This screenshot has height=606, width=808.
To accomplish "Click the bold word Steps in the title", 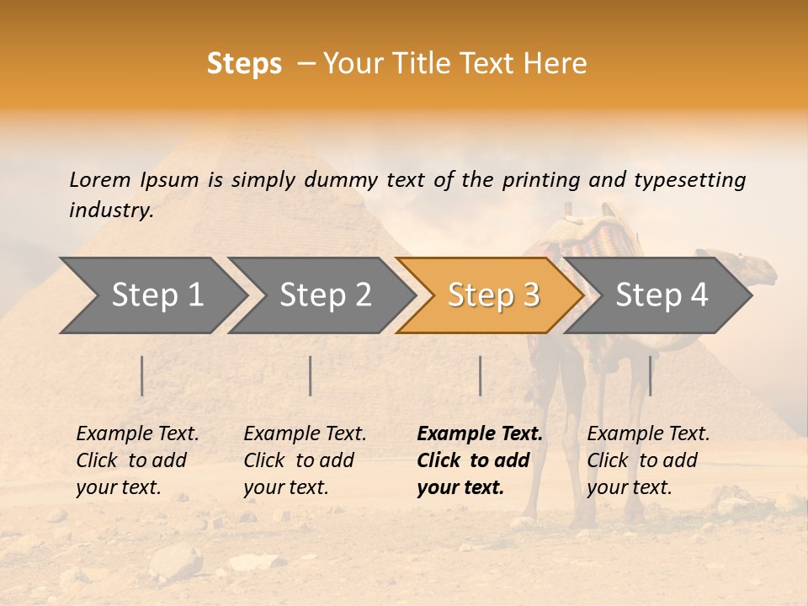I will (244, 64).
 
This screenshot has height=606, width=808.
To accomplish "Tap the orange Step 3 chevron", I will (493, 295).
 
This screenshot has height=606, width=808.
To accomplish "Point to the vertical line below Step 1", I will (142, 375).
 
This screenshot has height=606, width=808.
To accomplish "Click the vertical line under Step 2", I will (311, 375).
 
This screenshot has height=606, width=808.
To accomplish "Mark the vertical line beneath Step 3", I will (481, 375).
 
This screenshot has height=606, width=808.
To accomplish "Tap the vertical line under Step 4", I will (651, 375).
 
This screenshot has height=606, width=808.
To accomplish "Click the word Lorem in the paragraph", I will (100, 179).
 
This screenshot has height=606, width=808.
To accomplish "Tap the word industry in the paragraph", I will (110, 210).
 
